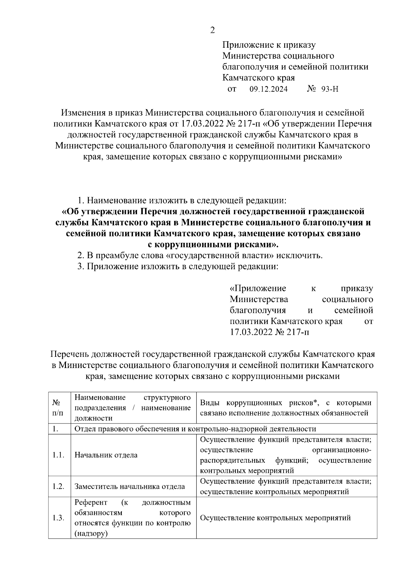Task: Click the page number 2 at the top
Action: click(x=212, y=30)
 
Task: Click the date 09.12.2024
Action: click(x=269, y=89)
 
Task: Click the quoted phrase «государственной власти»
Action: click(x=220, y=255)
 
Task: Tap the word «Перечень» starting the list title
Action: click(x=70, y=354)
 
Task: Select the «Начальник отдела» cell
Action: click(x=106, y=455)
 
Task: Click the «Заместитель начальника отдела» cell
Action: click(x=130, y=486)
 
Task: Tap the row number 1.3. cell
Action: click(x=59, y=518)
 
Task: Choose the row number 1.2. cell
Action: click(x=59, y=486)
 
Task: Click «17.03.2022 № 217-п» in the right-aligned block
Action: click(x=270, y=332)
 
